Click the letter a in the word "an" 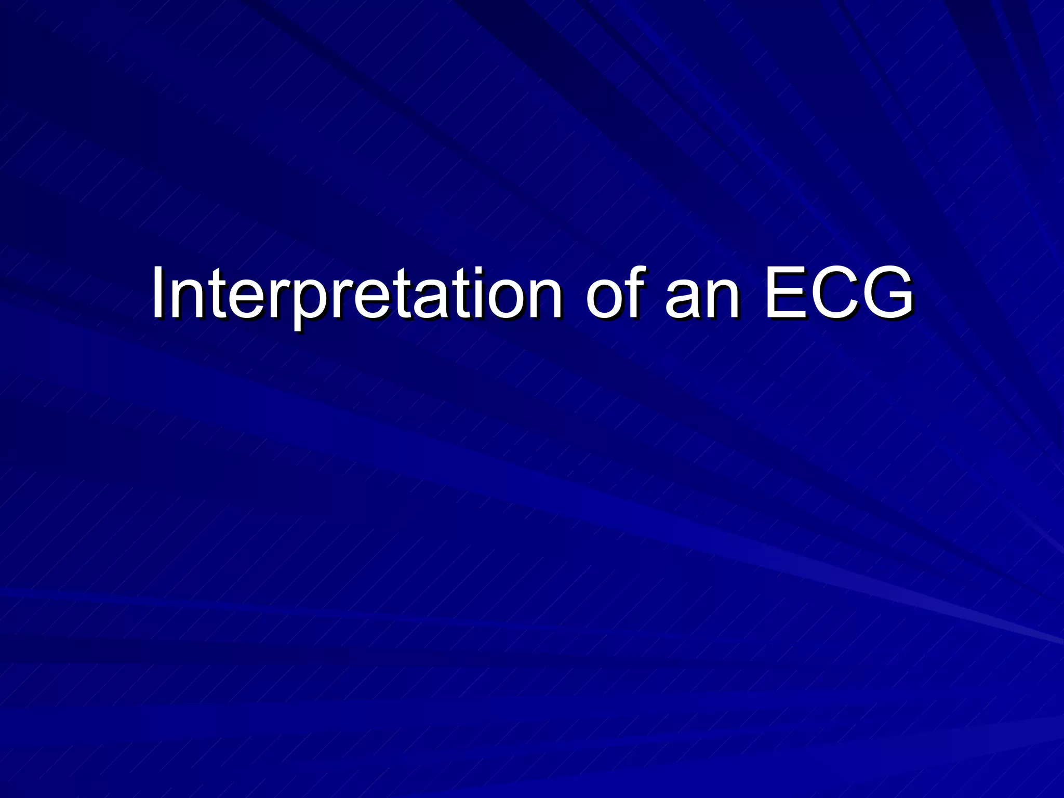683,299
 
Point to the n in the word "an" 722,299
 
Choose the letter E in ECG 784,294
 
